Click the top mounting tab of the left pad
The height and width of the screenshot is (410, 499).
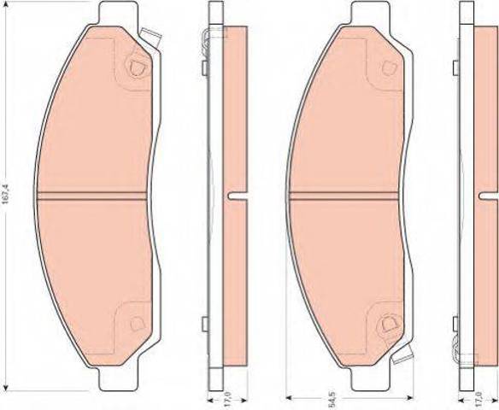(119, 13)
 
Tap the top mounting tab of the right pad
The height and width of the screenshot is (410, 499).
(371, 13)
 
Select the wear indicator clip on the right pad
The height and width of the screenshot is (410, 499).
(402, 354)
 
